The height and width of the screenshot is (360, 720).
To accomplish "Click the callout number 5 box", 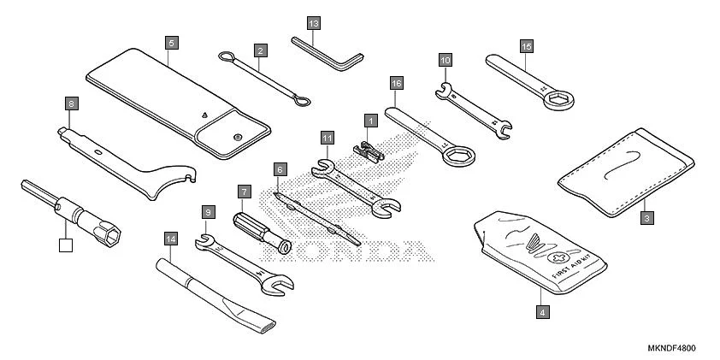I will pos(171,41).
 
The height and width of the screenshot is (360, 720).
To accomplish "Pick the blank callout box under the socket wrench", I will pos(65,246).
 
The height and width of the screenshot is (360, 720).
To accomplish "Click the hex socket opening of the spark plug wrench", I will pos(111,233).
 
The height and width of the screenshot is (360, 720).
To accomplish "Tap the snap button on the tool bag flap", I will pos(236,135).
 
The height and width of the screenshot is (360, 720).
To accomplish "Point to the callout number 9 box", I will pos(208,210).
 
